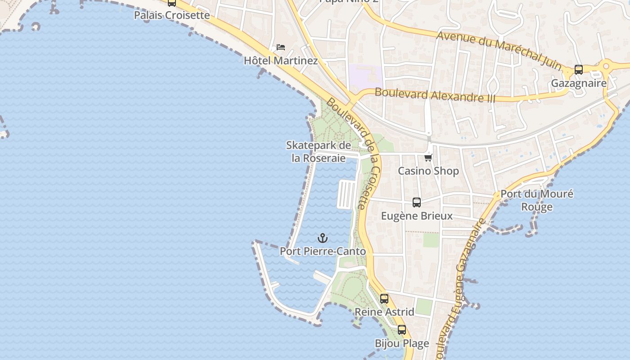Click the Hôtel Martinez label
point(281,60)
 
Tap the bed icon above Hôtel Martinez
point(281,47)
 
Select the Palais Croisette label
point(172,15)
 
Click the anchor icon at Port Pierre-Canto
point(322,238)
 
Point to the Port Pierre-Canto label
point(323,251)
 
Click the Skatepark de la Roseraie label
point(319,152)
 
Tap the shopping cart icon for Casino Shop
point(428,157)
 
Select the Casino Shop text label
point(428,171)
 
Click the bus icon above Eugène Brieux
point(417,202)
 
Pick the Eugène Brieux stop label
point(417,216)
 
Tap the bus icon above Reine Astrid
point(384,298)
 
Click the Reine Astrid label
point(384,312)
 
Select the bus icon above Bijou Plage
point(402,330)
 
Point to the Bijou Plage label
point(402,343)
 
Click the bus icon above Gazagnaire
point(579,70)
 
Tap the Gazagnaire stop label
point(579,83)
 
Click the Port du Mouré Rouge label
point(537,200)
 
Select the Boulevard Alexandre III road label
point(435,95)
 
